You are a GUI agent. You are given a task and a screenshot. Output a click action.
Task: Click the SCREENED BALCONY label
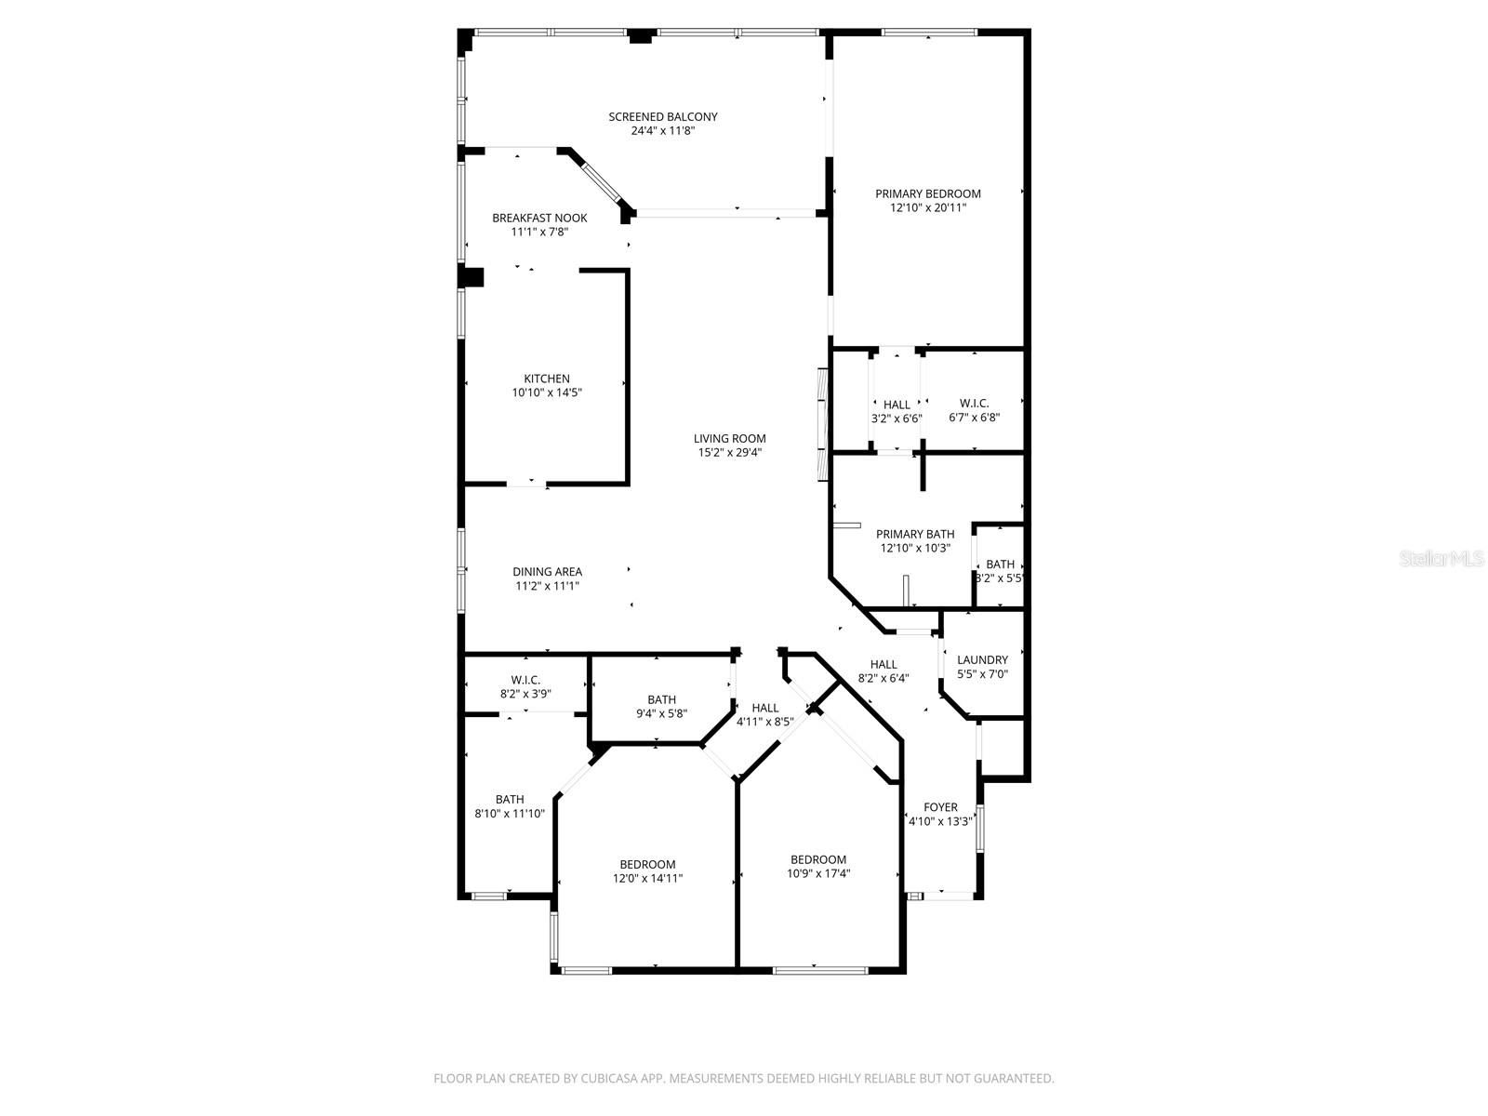(662, 116)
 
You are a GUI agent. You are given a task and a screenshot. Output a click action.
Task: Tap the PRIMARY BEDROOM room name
(927, 193)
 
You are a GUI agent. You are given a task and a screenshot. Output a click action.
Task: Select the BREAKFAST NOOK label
(538, 219)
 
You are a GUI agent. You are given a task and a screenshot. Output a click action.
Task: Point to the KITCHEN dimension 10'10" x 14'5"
(547, 392)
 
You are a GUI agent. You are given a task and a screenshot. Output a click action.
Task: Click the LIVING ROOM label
(729, 438)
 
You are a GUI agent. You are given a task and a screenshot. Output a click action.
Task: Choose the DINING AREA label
(547, 572)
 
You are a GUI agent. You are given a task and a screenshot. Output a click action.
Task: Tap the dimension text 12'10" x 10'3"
(915, 548)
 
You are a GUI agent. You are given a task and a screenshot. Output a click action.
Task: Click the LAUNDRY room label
(982, 660)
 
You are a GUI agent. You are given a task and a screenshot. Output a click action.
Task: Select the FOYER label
(940, 807)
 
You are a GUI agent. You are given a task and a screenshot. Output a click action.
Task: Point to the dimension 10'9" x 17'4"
(818, 874)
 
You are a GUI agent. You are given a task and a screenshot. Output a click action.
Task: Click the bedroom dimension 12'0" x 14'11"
(647, 879)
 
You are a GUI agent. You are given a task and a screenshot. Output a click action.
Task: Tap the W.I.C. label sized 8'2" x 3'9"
(525, 681)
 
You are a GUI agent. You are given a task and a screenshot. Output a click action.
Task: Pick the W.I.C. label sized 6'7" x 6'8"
(974, 404)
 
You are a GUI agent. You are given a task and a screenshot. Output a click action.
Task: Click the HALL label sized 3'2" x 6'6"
(897, 405)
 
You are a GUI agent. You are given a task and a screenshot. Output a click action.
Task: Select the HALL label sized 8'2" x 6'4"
(883, 665)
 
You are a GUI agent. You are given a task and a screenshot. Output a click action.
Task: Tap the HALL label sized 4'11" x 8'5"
(764, 708)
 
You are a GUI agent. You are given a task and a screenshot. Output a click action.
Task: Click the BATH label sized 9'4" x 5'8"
(661, 700)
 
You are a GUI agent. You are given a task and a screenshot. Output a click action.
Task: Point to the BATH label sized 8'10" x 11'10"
(509, 800)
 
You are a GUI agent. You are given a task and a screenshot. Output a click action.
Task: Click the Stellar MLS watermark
(1441, 558)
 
